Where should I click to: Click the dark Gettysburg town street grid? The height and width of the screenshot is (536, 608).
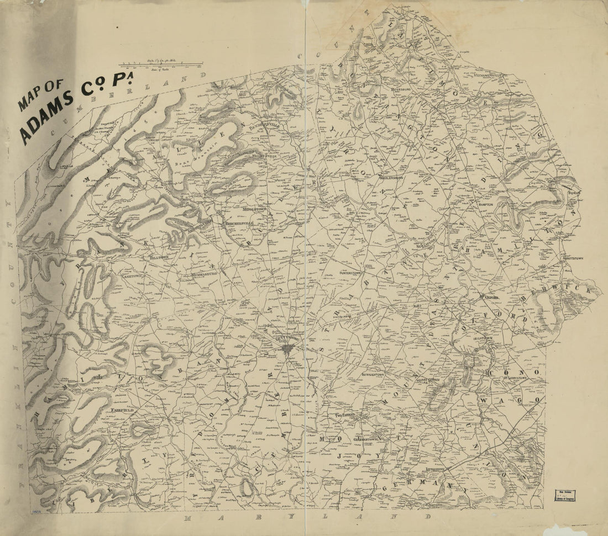(287, 349)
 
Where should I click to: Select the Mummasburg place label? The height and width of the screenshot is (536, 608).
(204, 273)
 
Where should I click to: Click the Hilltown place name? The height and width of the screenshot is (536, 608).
(158, 257)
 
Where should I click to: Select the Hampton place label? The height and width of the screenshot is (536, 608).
(485, 204)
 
